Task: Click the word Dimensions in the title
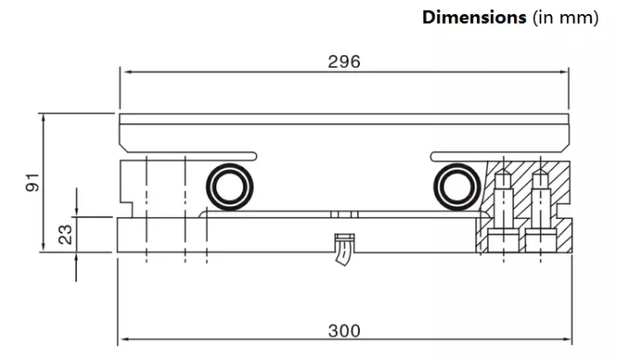(x=474, y=18)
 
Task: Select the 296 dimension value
(x=344, y=62)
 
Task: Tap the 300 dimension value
(x=344, y=330)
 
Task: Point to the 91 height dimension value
(x=33, y=182)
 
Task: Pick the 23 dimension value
(x=65, y=234)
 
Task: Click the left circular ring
(x=229, y=187)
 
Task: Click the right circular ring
(x=457, y=187)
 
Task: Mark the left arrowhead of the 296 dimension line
(x=128, y=72)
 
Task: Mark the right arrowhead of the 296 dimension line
(x=564, y=72)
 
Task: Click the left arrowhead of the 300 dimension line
(x=125, y=339)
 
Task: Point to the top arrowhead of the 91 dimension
(x=43, y=119)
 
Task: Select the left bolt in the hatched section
(x=503, y=211)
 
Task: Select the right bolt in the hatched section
(x=540, y=211)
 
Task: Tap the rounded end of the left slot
(x=254, y=156)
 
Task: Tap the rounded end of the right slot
(x=433, y=156)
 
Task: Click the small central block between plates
(x=344, y=215)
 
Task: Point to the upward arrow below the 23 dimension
(x=76, y=267)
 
